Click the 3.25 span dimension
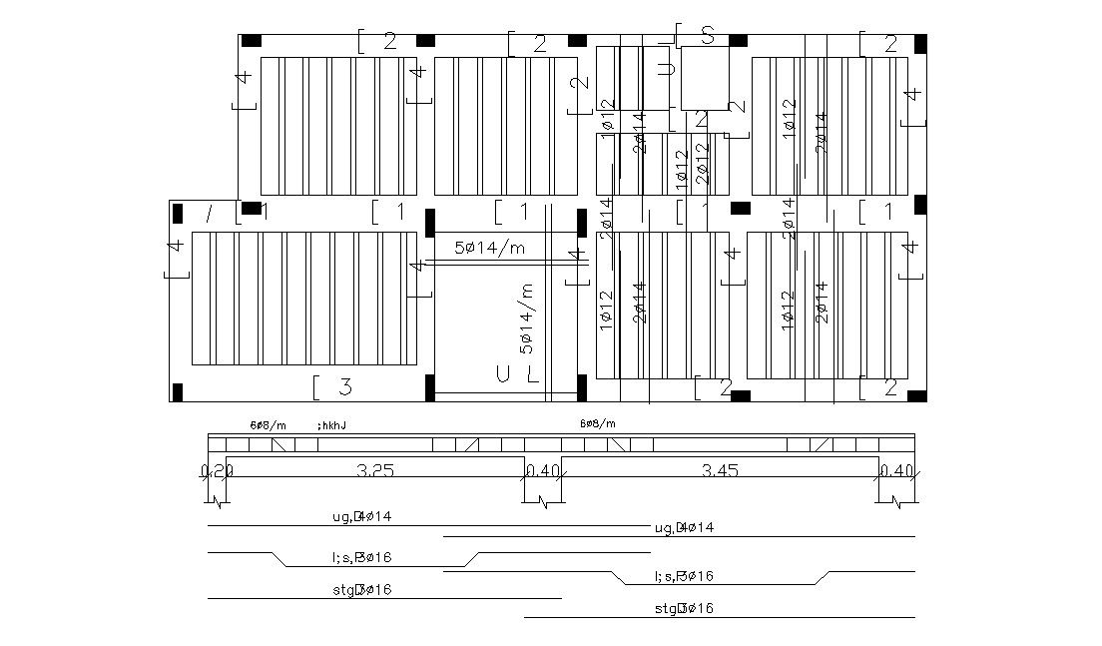pyautogui.click(x=373, y=469)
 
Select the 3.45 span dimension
pyautogui.click(x=720, y=469)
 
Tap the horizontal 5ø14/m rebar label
pyautogui.click(x=490, y=248)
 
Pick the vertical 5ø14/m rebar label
pyautogui.click(x=526, y=318)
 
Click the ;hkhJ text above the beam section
pyautogui.click(x=331, y=425)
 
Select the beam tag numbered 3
pyautogui.click(x=344, y=385)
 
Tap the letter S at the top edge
pyautogui.click(x=708, y=36)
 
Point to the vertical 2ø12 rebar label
pyautogui.click(x=702, y=163)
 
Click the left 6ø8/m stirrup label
pyautogui.click(x=268, y=425)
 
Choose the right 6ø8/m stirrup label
pyautogui.click(x=598, y=423)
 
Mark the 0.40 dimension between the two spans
pyautogui.click(x=543, y=470)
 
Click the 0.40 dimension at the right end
pyautogui.click(x=897, y=470)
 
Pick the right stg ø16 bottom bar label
pyautogui.click(x=684, y=608)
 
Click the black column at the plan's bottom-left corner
pyautogui.click(x=178, y=392)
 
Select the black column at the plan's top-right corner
pyautogui.click(x=920, y=43)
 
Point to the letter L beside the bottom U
pyautogui.click(x=533, y=375)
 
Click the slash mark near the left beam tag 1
pyautogui.click(x=209, y=213)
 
